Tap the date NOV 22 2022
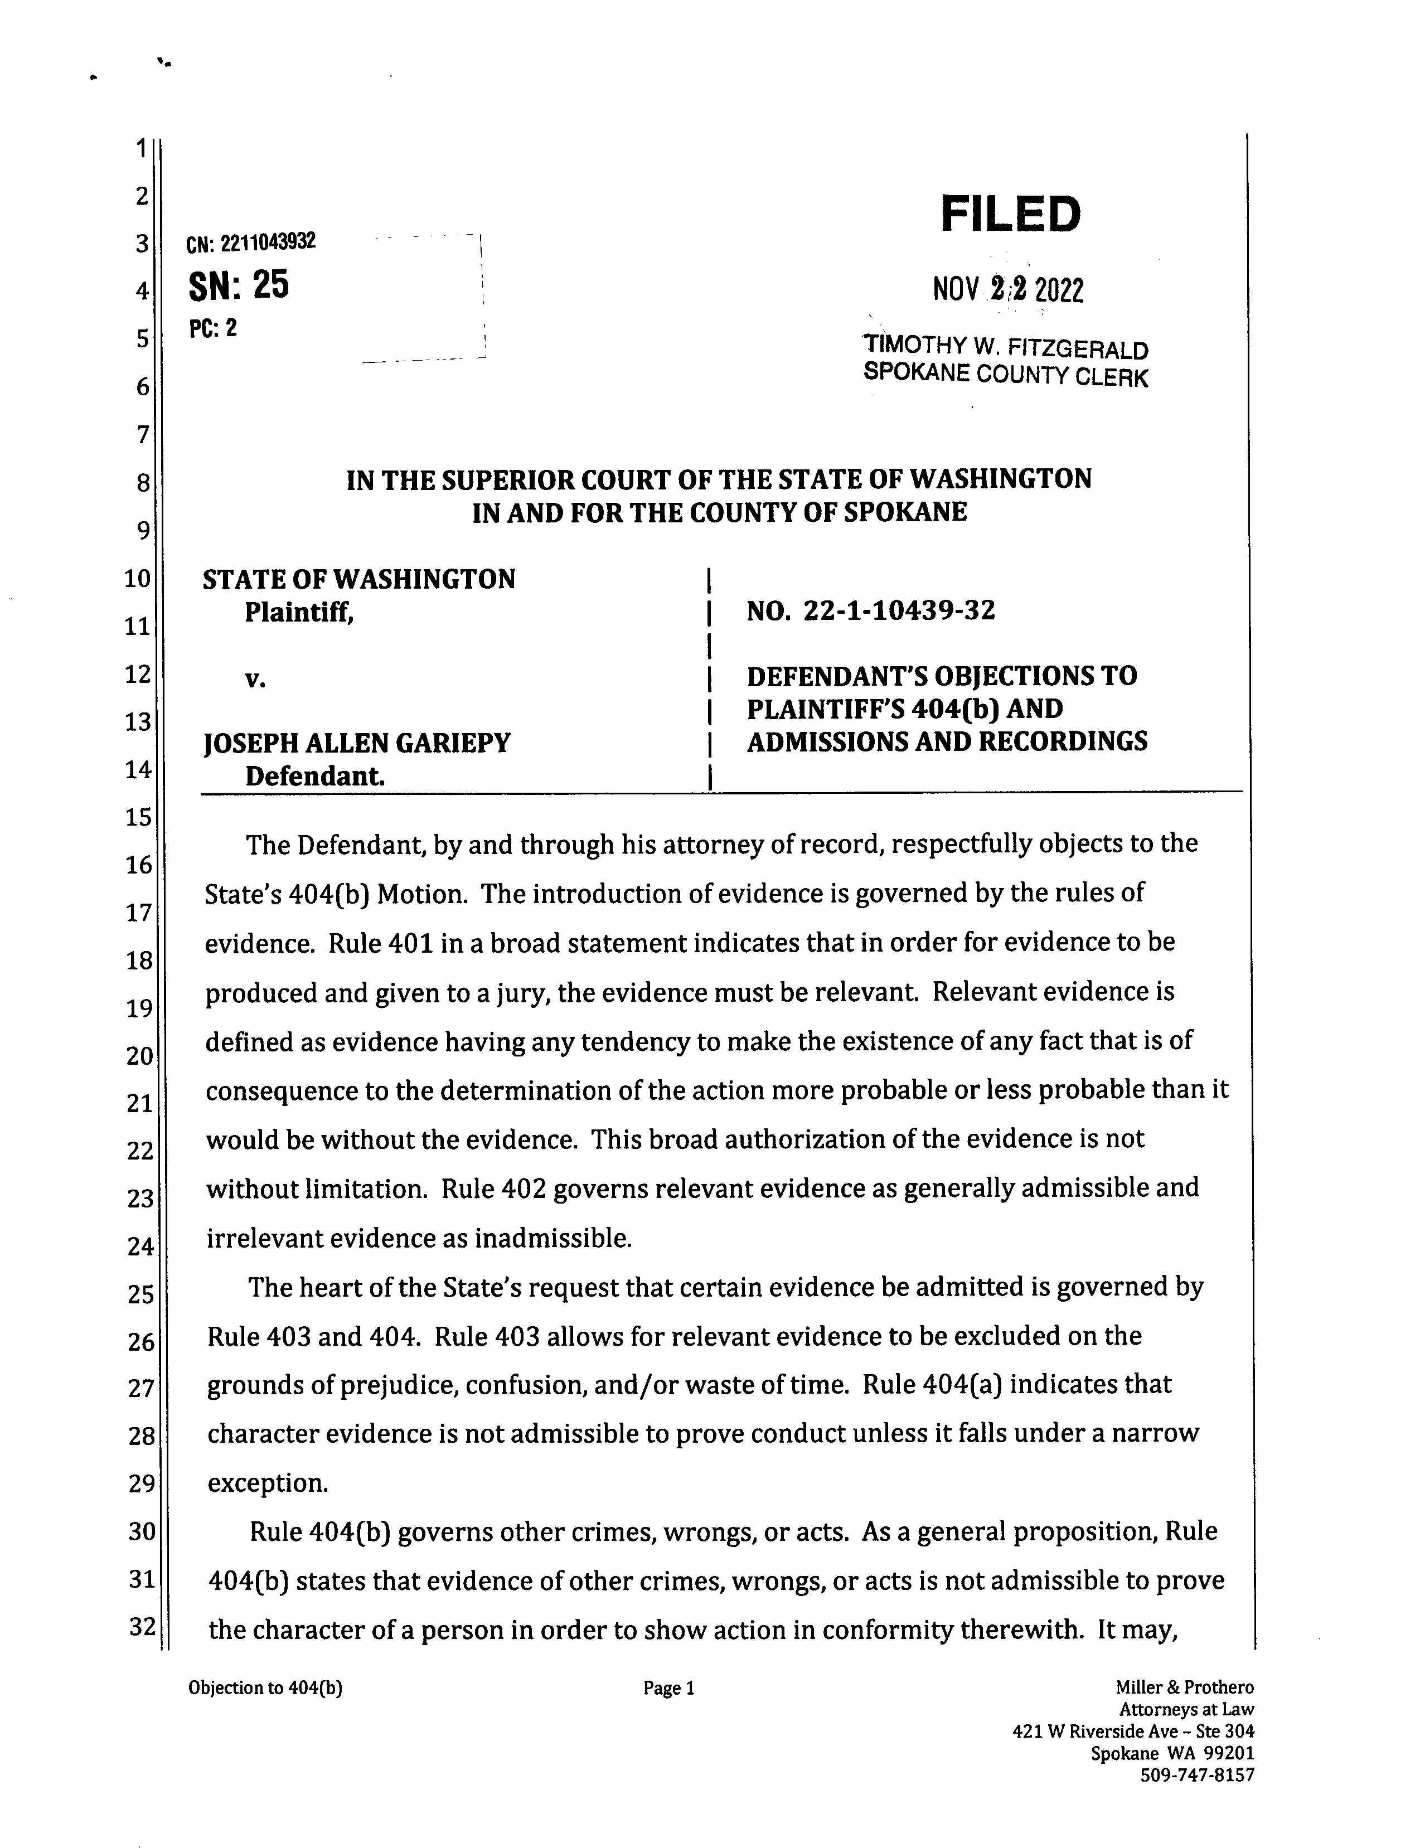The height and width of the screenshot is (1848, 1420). tap(1007, 290)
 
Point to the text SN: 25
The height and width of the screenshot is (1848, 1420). tap(239, 285)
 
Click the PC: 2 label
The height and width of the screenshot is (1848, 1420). tap(213, 328)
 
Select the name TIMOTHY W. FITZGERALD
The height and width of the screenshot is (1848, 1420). tap(1005, 347)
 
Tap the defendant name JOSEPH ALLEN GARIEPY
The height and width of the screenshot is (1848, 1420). tap(357, 743)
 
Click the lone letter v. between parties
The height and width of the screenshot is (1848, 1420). tap(255, 678)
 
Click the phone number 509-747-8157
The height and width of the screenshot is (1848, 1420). tap(1197, 1774)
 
